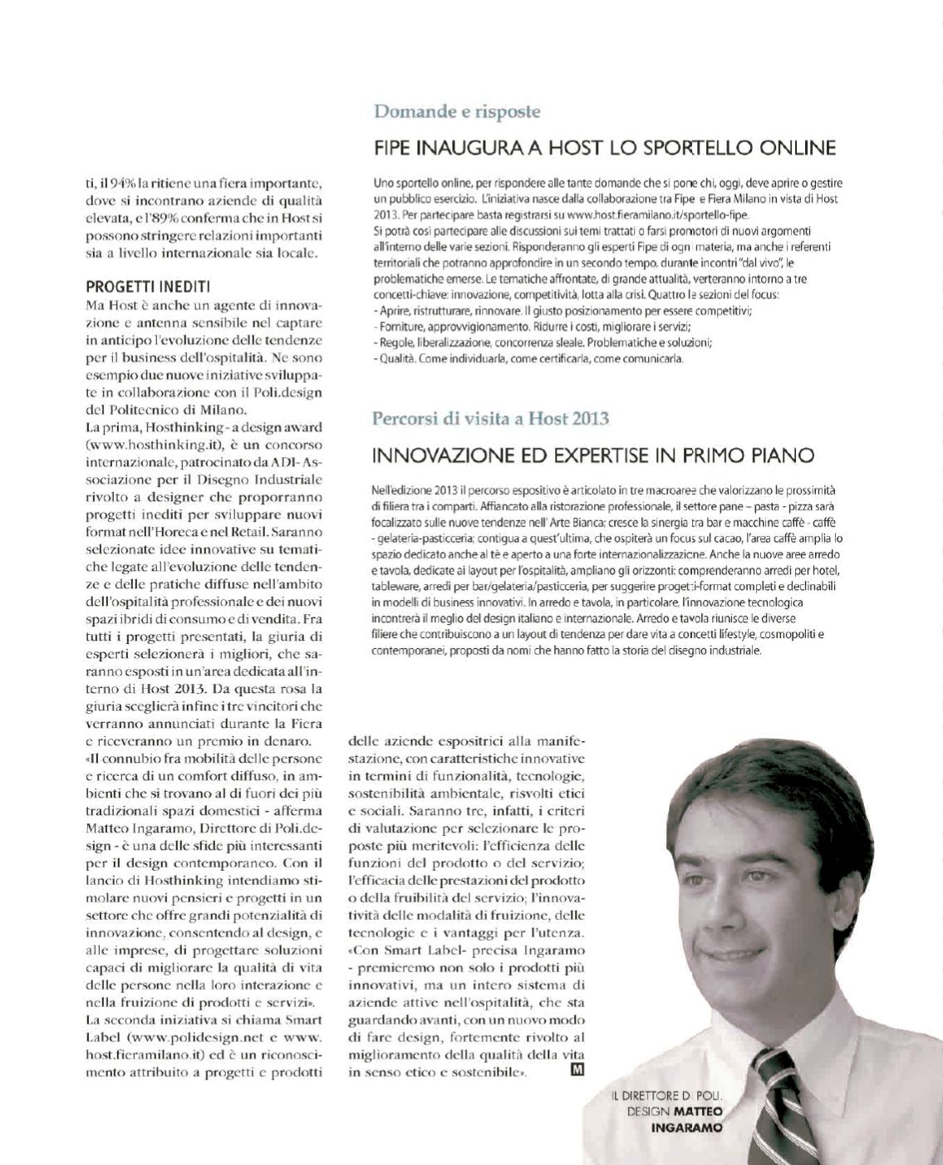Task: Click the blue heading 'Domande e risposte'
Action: point(457,111)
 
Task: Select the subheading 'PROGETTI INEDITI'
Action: point(148,287)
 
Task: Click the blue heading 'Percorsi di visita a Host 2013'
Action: point(490,418)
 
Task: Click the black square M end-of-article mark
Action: point(577,1070)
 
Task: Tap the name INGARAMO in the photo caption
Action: point(686,1128)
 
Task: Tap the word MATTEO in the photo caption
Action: point(698,1112)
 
